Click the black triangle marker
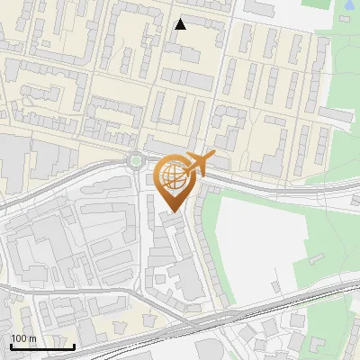(x=181, y=24)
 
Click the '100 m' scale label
(x=23, y=338)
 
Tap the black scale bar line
(x=41, y=346)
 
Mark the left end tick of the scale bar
(x=10, y=346)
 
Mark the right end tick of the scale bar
(x=74, y=346)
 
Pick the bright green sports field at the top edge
(x=315, y=4)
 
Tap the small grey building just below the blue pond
(x=346, y=20)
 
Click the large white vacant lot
(x=256, y=243)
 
